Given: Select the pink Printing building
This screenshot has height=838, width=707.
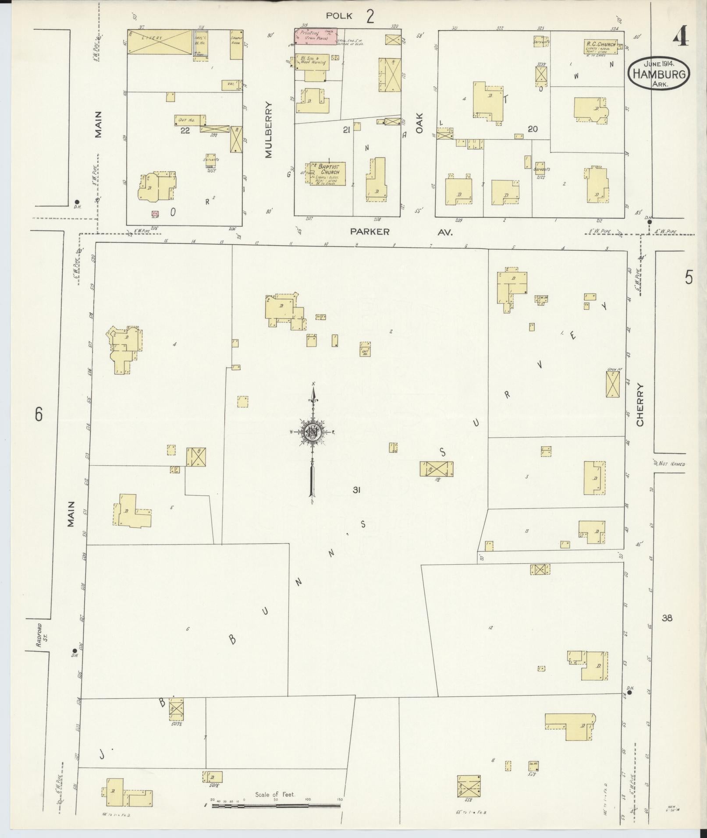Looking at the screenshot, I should [315, 36].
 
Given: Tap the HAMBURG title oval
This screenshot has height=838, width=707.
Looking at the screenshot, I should [658, 74].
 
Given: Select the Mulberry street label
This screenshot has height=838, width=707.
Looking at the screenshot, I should [269, 130].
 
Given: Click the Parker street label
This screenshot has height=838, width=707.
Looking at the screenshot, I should [370, 232].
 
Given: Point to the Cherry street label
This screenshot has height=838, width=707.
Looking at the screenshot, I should [640, 405].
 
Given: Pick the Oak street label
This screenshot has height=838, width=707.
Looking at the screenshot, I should [420, 124].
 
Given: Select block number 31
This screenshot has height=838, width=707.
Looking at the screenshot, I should [356, 491].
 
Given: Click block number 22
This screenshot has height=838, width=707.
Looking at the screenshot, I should [185, 130].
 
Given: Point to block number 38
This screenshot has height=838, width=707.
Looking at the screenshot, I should [667, 618].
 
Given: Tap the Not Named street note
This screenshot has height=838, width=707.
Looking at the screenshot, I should [671, 464].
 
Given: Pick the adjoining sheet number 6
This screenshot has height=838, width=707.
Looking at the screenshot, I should [39, 414].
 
